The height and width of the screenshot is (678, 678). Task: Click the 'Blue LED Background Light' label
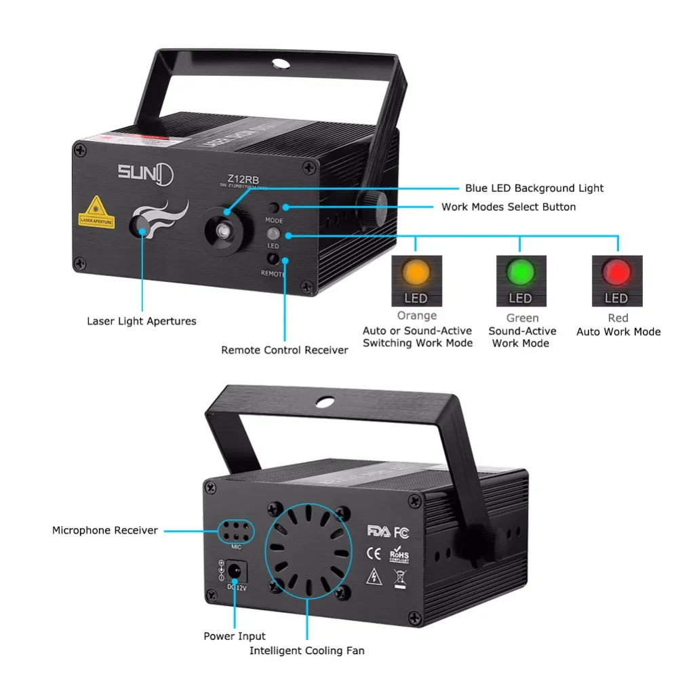(534, 188)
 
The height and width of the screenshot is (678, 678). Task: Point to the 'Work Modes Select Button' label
(509, 207)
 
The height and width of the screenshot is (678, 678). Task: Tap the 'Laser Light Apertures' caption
(142, 321)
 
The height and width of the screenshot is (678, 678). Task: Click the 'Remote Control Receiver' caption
(285, 350)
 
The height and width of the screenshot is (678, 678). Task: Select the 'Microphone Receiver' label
(105, 530)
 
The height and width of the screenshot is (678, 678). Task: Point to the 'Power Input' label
(235, 636)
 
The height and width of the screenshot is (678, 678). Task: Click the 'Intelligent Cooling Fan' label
(307, 651)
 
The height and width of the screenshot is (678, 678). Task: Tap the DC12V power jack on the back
(236, 571)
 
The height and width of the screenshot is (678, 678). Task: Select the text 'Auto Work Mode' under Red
(618, 332)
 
